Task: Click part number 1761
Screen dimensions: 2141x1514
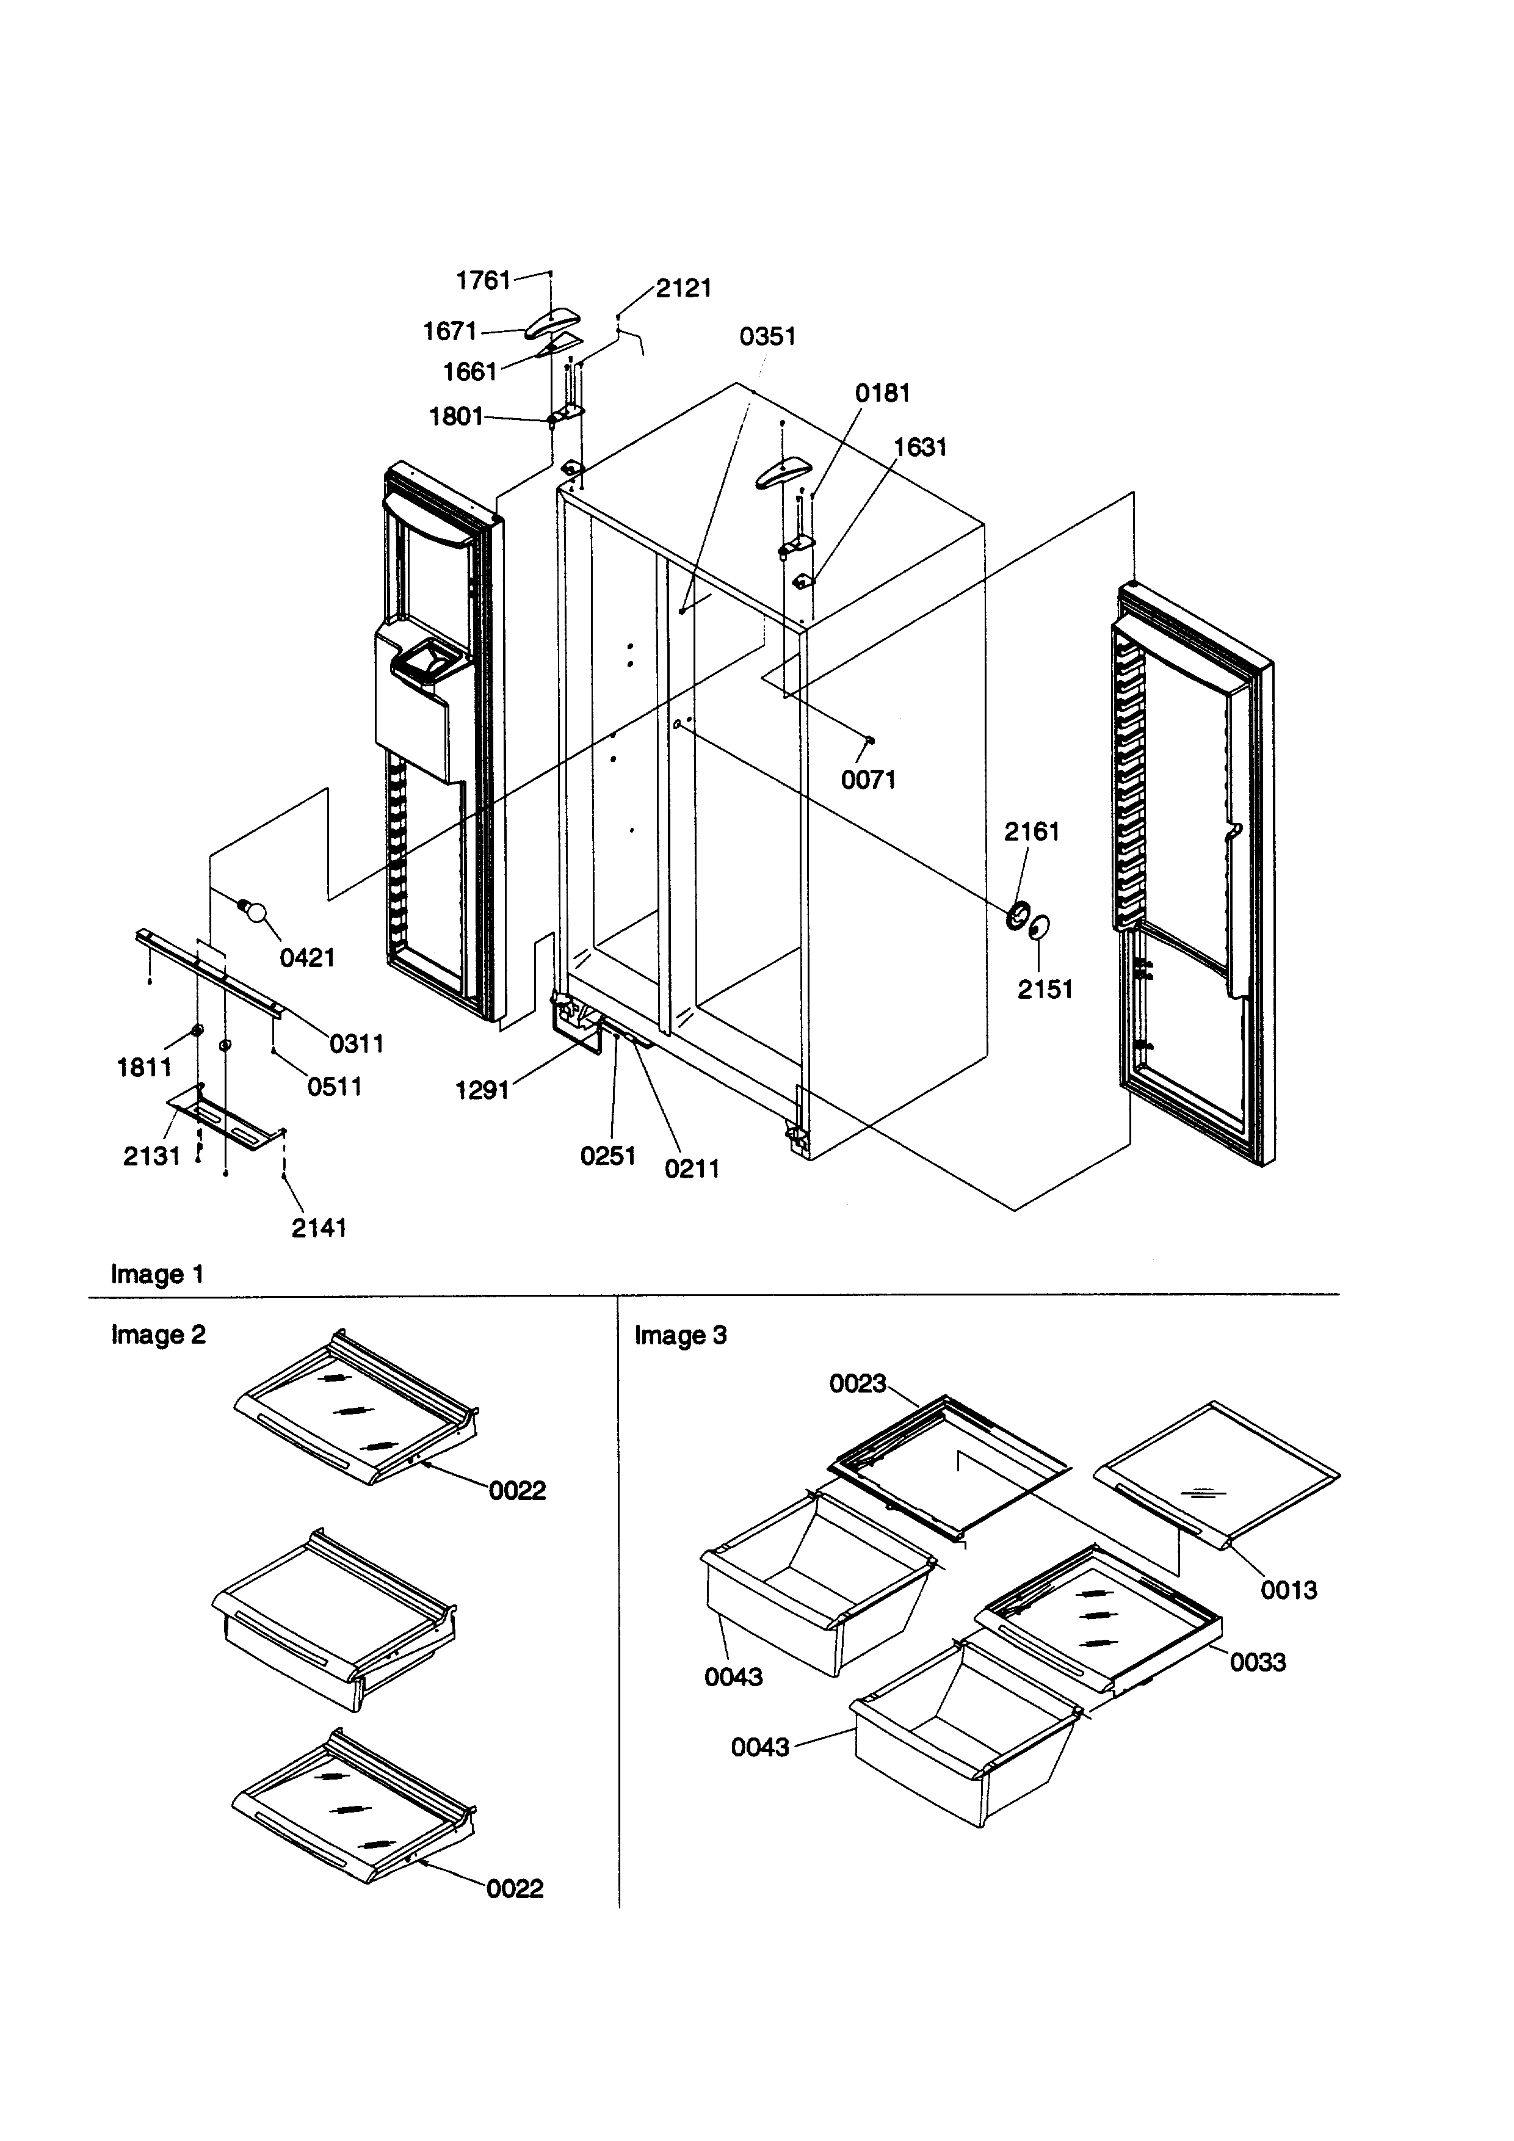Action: tap(482, 280)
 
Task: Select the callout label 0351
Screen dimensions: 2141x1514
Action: tap(767, 336)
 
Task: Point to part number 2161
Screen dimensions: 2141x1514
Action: tap(1031, 831)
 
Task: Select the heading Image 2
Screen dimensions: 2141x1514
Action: tap(158, 1335)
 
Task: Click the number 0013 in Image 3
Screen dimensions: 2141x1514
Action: tap(1288, 1589)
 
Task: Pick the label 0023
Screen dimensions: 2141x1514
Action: tap(857, 1409)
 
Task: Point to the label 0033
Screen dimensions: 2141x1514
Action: tap(1257, 1662)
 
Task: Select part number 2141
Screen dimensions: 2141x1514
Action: tap(318, 1228)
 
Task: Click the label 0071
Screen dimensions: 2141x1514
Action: tap(868, 780)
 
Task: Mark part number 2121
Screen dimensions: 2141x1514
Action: tap(683, 288)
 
